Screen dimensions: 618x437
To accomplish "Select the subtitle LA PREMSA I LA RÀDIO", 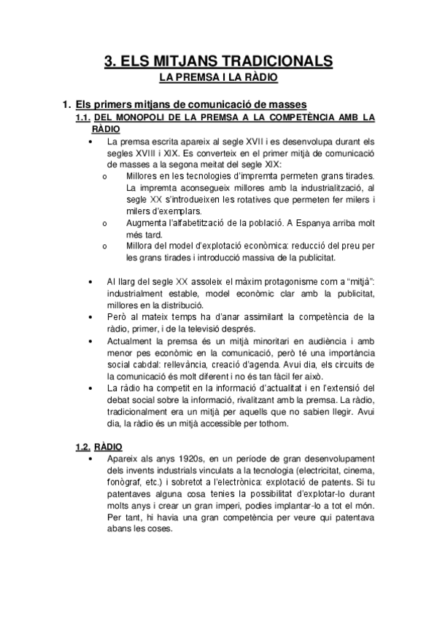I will pos(218,77).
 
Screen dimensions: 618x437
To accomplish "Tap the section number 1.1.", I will pos(85,117).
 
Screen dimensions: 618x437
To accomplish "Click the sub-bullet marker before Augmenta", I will pos(106,224).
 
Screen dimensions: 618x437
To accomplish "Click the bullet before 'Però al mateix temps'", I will pos(90,317).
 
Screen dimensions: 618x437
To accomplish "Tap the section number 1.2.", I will pos(85,446).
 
